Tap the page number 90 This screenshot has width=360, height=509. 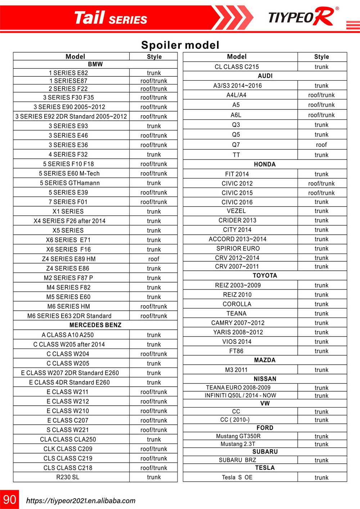pyautogui.click(x=10, y=499)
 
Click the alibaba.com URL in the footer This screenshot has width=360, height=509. pyautogui.click(x=81, y=501)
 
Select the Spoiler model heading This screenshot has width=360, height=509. pyautogui.click(x=180, y=45)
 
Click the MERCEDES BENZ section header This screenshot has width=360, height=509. pyautogui.click(x=95, y=325)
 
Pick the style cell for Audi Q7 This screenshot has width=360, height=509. pyautogui.click(x=321, y=145)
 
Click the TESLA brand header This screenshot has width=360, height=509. pyautogui.click(x=265, y=468)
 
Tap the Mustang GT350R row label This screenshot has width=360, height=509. pyautogui.click(x=238, y=436)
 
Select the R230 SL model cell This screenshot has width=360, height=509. pyautogui.click(x=68, y=477)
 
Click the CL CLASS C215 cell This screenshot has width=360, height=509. pyautogui.click(x=237, y=67)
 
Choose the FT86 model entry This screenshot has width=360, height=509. pyautogui.click(x=237, y=351)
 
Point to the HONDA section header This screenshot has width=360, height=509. pyautogui.click(x=265, y=164)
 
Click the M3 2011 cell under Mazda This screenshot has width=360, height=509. pyautogui.click(x=236, y=370)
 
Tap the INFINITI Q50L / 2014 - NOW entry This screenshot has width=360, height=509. pyautogui.click(x=240, y=395)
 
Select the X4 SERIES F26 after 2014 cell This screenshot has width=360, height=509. pyautogui.click(x=69, y=221)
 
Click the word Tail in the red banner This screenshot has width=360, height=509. pyautogui.click(x=89, y=18)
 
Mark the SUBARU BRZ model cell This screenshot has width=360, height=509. pyautogui.click(x=238, y=460)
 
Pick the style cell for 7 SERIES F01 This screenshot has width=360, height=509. pyautogui.click(x=154, y=202)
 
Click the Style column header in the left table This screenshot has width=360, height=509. pyautogui.click(x=154, y=57)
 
